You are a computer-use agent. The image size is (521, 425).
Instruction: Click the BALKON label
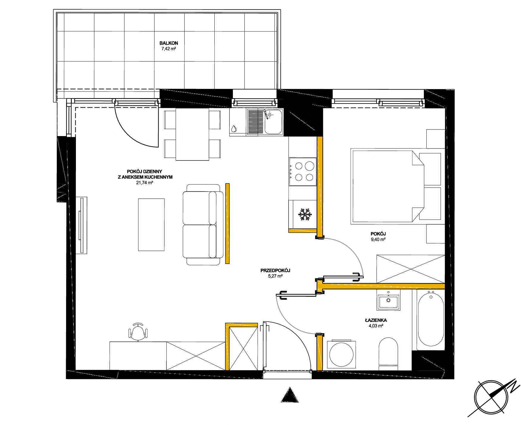pyautogui.click(x=169, y=43)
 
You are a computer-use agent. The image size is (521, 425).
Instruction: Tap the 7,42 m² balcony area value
pyautogui.click(x=169, y=49)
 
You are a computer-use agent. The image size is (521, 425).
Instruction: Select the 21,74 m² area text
pyautogui.click(x=144, y=183)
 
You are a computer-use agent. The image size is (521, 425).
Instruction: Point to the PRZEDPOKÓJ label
pyautogui.click(x=275, y=271)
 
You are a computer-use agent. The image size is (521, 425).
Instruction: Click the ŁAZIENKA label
pyautogui.click(x=376, y=320)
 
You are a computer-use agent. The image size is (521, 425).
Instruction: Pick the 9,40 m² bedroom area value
pyautogui.click(x=378, y=239)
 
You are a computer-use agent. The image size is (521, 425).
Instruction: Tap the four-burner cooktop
pyautogui.click(x=303, y=171)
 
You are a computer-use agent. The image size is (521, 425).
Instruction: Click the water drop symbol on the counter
pyautogui.click(x=234, y=128)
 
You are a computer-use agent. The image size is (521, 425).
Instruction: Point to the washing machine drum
pyautogui.click(x=341, y=355)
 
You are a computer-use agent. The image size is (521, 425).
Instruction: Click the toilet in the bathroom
pyautogui.click(x=388, y=354)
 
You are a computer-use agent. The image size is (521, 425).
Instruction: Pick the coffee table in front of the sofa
pyautogui.click(x=151, y=225)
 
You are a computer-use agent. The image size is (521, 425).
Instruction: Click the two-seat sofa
pyautogui.click(x=202, y=225)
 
